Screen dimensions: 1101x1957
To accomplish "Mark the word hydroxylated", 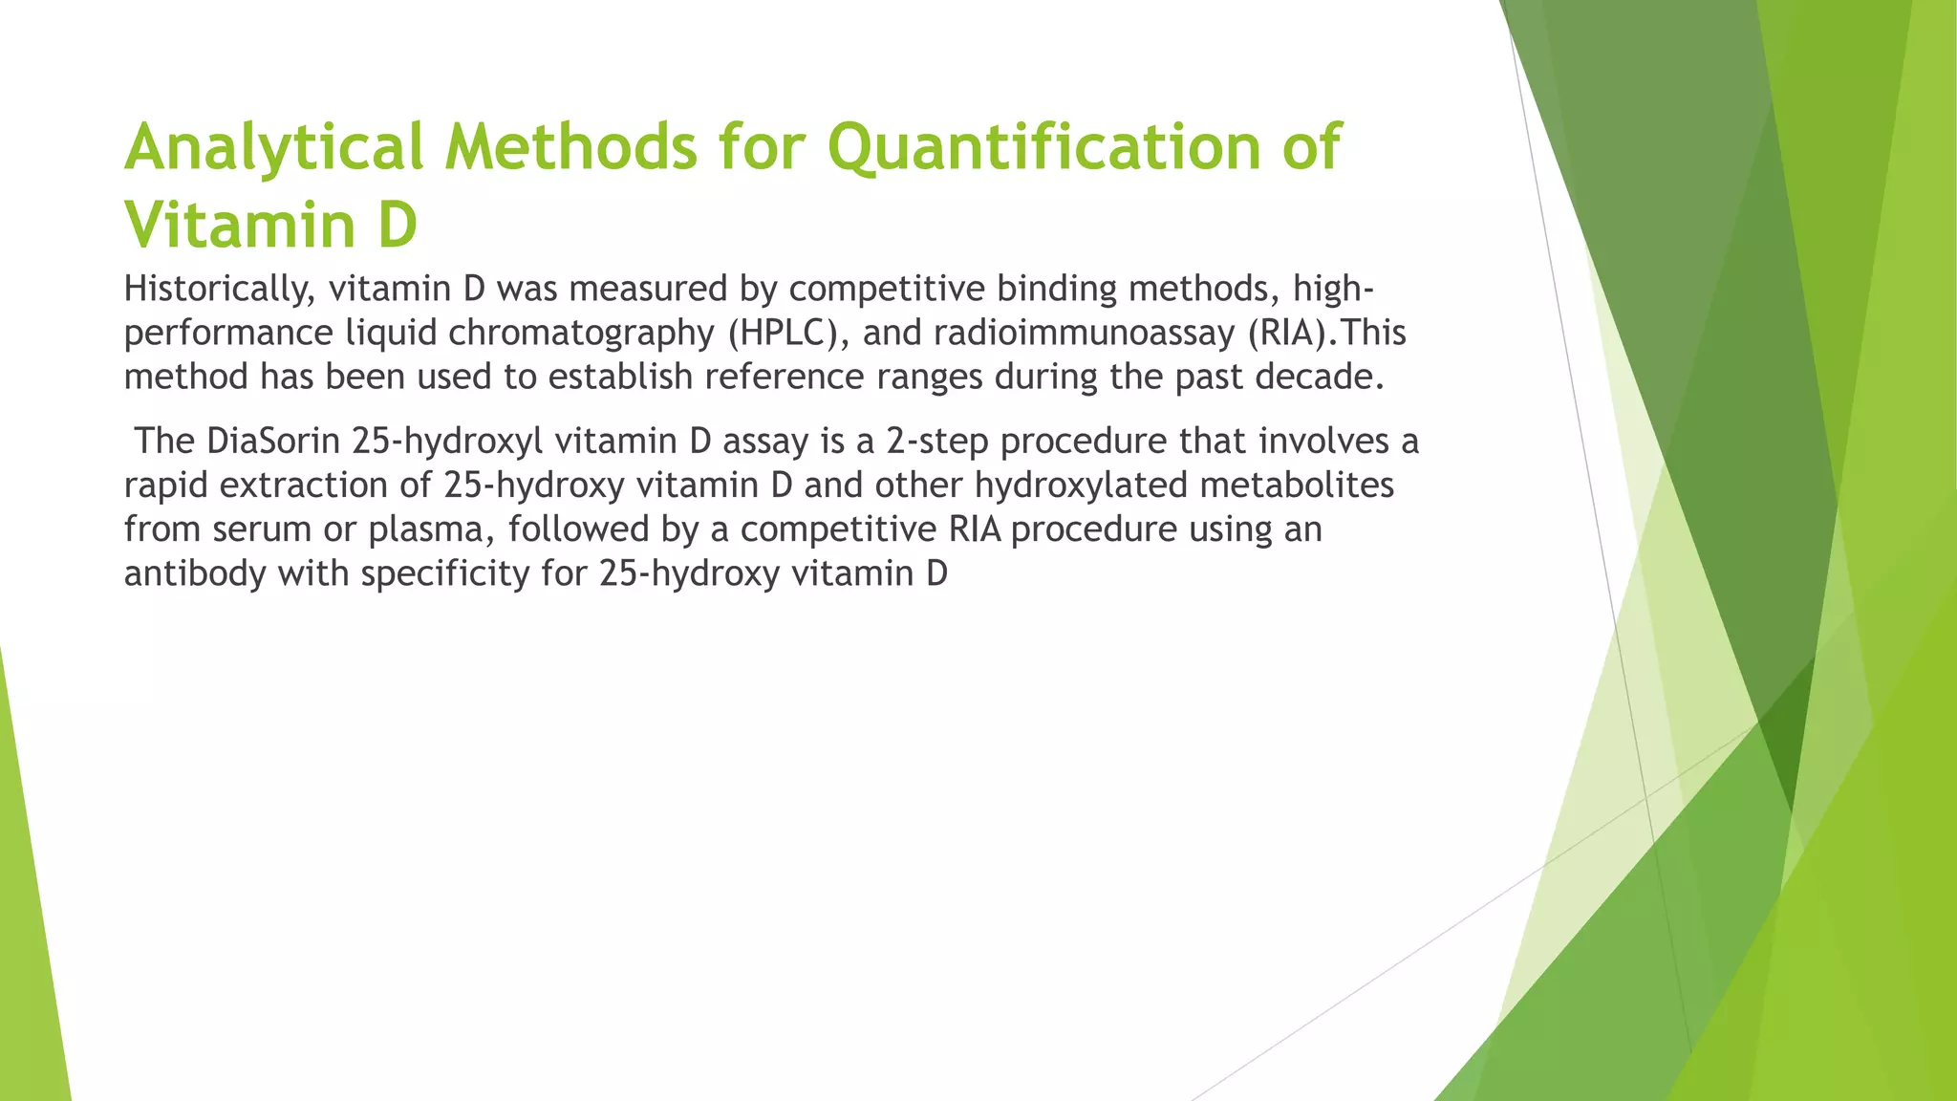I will tap(1081, 485).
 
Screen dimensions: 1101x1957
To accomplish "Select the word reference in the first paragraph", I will tap(785, 377).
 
